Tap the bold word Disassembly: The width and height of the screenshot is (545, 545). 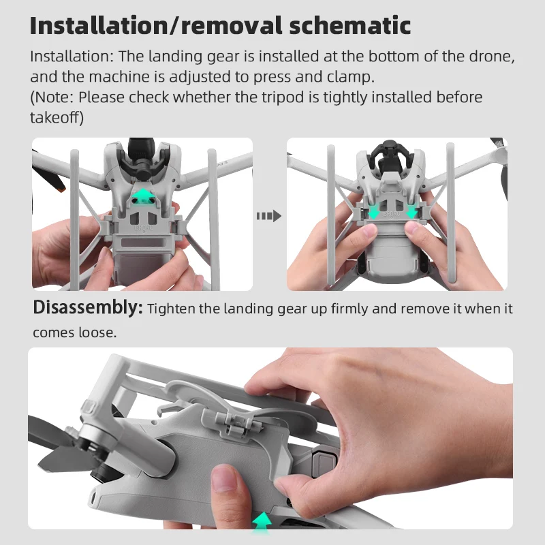(88, 309)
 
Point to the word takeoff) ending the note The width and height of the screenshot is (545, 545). (57, 118)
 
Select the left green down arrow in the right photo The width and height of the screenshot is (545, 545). (373, 213)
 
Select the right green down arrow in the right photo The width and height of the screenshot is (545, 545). (412, 213)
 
